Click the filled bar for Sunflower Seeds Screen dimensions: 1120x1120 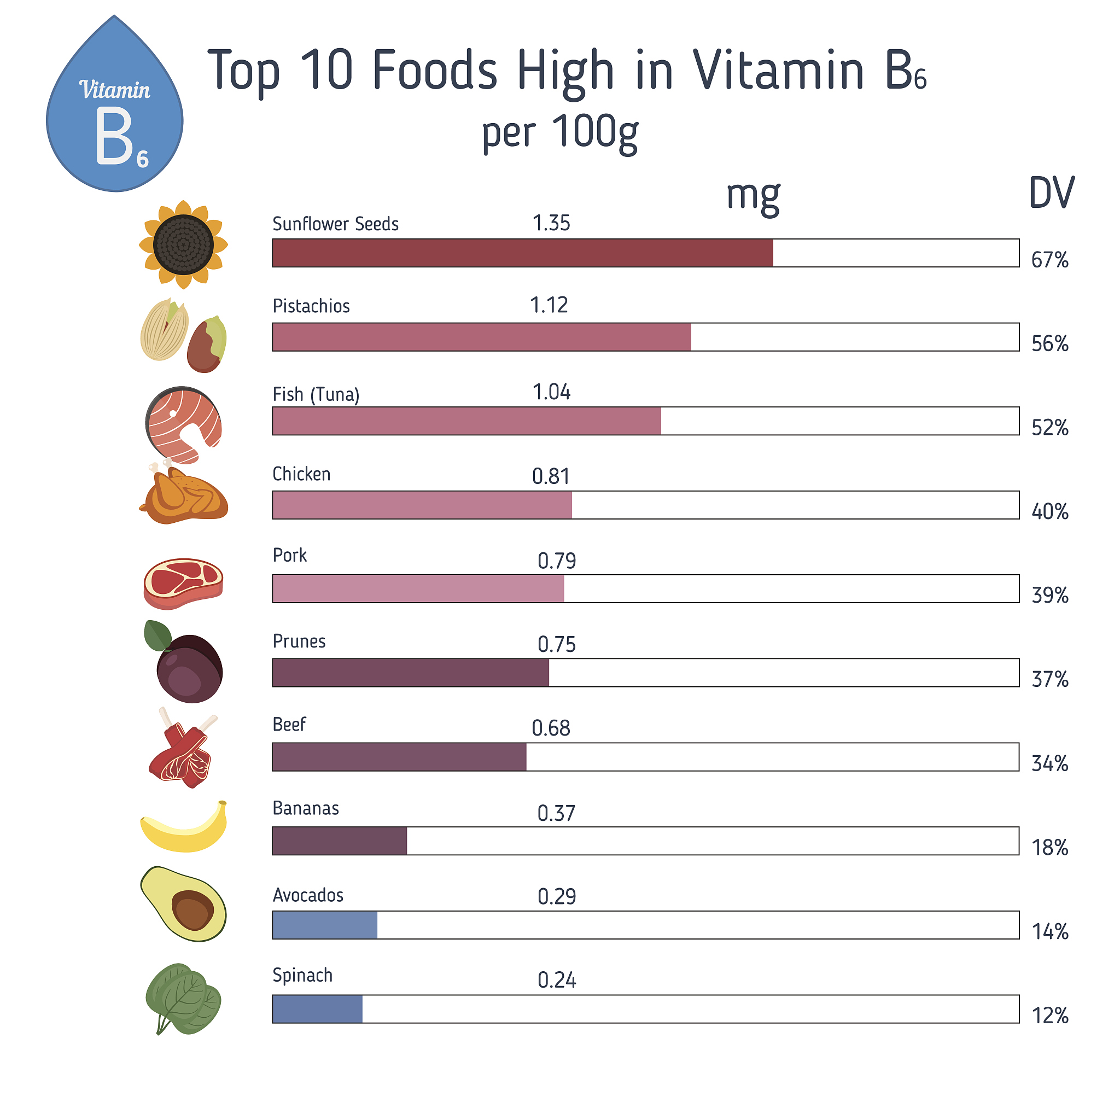pos(522,253)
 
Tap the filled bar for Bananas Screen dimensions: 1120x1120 pos(339,841)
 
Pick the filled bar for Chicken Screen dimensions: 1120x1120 pos(422,504)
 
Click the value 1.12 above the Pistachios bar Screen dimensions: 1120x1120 pos(549,305)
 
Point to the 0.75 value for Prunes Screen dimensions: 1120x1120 pos(556,644)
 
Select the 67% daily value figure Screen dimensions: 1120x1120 pos(1049,260)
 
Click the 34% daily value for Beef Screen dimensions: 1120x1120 pos(1049,763)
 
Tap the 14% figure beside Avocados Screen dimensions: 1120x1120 pos(1049,931)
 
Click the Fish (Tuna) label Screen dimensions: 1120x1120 pos(316,394)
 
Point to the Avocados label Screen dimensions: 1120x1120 pos(308,895)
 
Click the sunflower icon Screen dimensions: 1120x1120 pos(183,244)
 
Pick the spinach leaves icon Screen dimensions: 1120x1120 pos(183,998)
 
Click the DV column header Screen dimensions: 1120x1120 pos(1051,193)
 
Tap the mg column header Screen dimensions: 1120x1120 pos(753,196)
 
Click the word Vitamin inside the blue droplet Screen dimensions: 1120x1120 pos(115,90)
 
